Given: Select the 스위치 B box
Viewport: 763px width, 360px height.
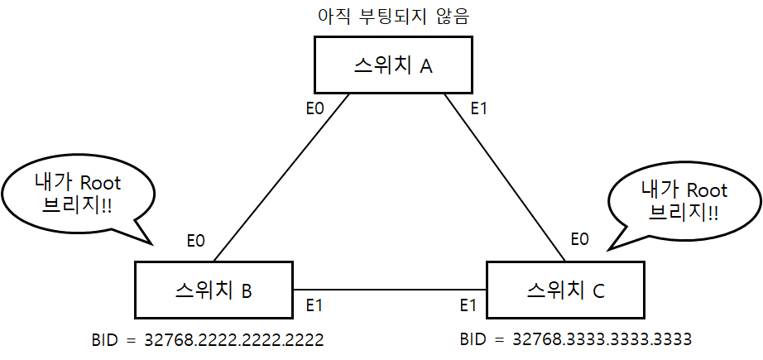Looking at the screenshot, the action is coord(214,289).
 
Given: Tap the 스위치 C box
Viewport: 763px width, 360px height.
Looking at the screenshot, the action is coord(564,290).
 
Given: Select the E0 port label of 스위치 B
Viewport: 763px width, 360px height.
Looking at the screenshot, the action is coord(195,241).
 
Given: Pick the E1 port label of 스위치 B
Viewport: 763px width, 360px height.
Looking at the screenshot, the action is coord(314,305).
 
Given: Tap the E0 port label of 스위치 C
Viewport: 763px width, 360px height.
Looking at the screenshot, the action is coord(580,240).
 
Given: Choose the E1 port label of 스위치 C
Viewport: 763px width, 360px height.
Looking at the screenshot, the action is coord(468,305).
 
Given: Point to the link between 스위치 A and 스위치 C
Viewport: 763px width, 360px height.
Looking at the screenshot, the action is coord(504,175).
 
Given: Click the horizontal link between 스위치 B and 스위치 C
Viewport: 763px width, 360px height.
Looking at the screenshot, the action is coord(390,290).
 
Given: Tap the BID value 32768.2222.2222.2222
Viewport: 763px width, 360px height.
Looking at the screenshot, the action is coord(233,339).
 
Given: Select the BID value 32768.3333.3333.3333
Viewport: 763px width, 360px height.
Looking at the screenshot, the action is coord(602,339).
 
